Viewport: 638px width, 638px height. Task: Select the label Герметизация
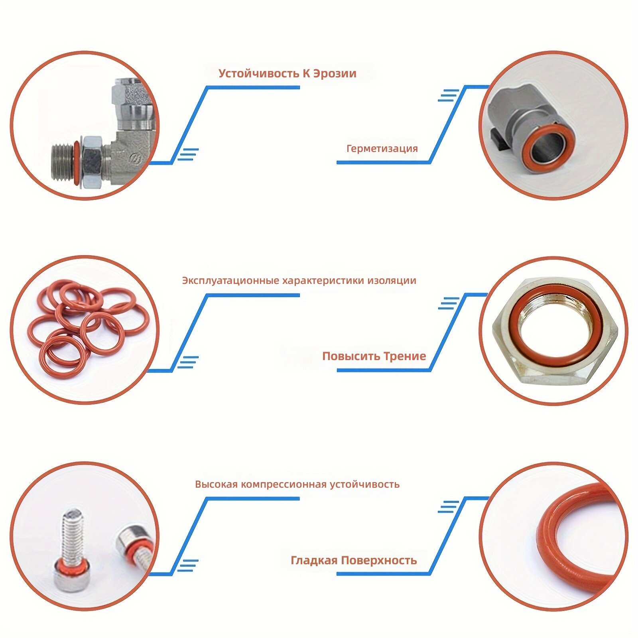pos(382,149)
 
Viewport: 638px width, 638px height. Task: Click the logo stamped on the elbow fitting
pos(137,158)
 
